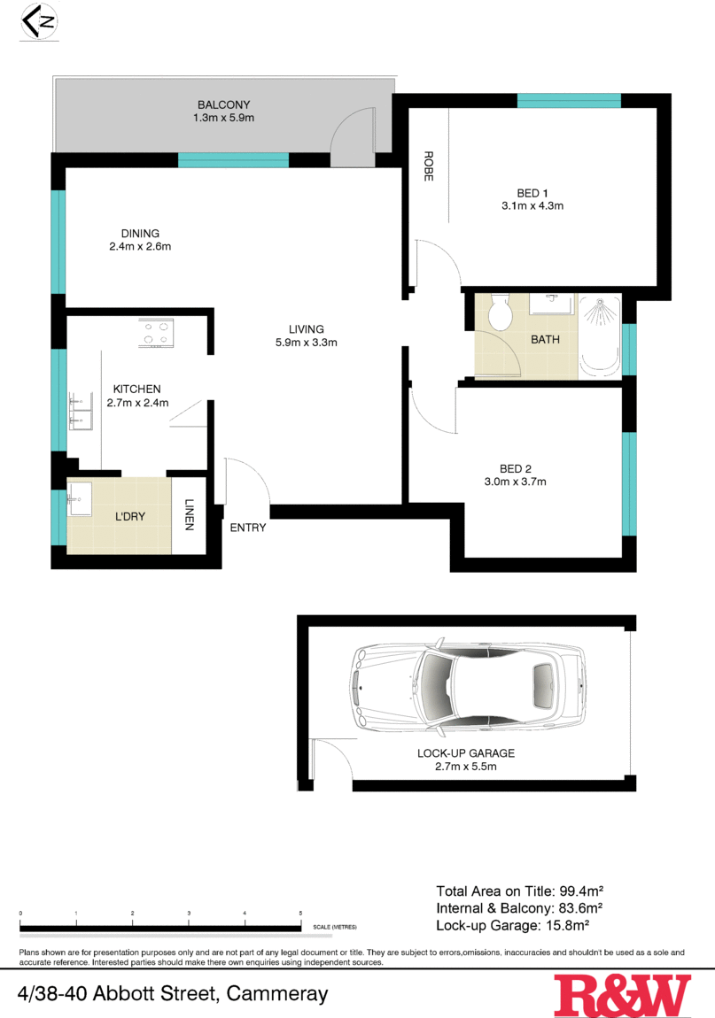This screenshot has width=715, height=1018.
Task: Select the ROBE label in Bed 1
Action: click(428, 166)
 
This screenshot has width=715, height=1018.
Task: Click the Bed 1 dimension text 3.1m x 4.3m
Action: click(532, 206)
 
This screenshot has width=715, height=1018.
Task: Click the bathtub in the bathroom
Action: click(600, 337)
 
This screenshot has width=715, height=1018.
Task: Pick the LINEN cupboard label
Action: click(189, 515)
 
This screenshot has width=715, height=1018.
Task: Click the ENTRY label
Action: click(248, 528)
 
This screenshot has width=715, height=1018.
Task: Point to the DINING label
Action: click(140, 234)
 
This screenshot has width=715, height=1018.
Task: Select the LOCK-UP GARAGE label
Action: click(466, 753)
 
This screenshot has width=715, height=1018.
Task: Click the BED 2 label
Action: click(515, 469)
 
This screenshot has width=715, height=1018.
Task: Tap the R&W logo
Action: click(622, 995)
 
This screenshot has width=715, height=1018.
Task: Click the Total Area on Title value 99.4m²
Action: click(580, 891)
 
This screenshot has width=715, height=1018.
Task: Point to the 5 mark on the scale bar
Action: click(301, 912)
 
